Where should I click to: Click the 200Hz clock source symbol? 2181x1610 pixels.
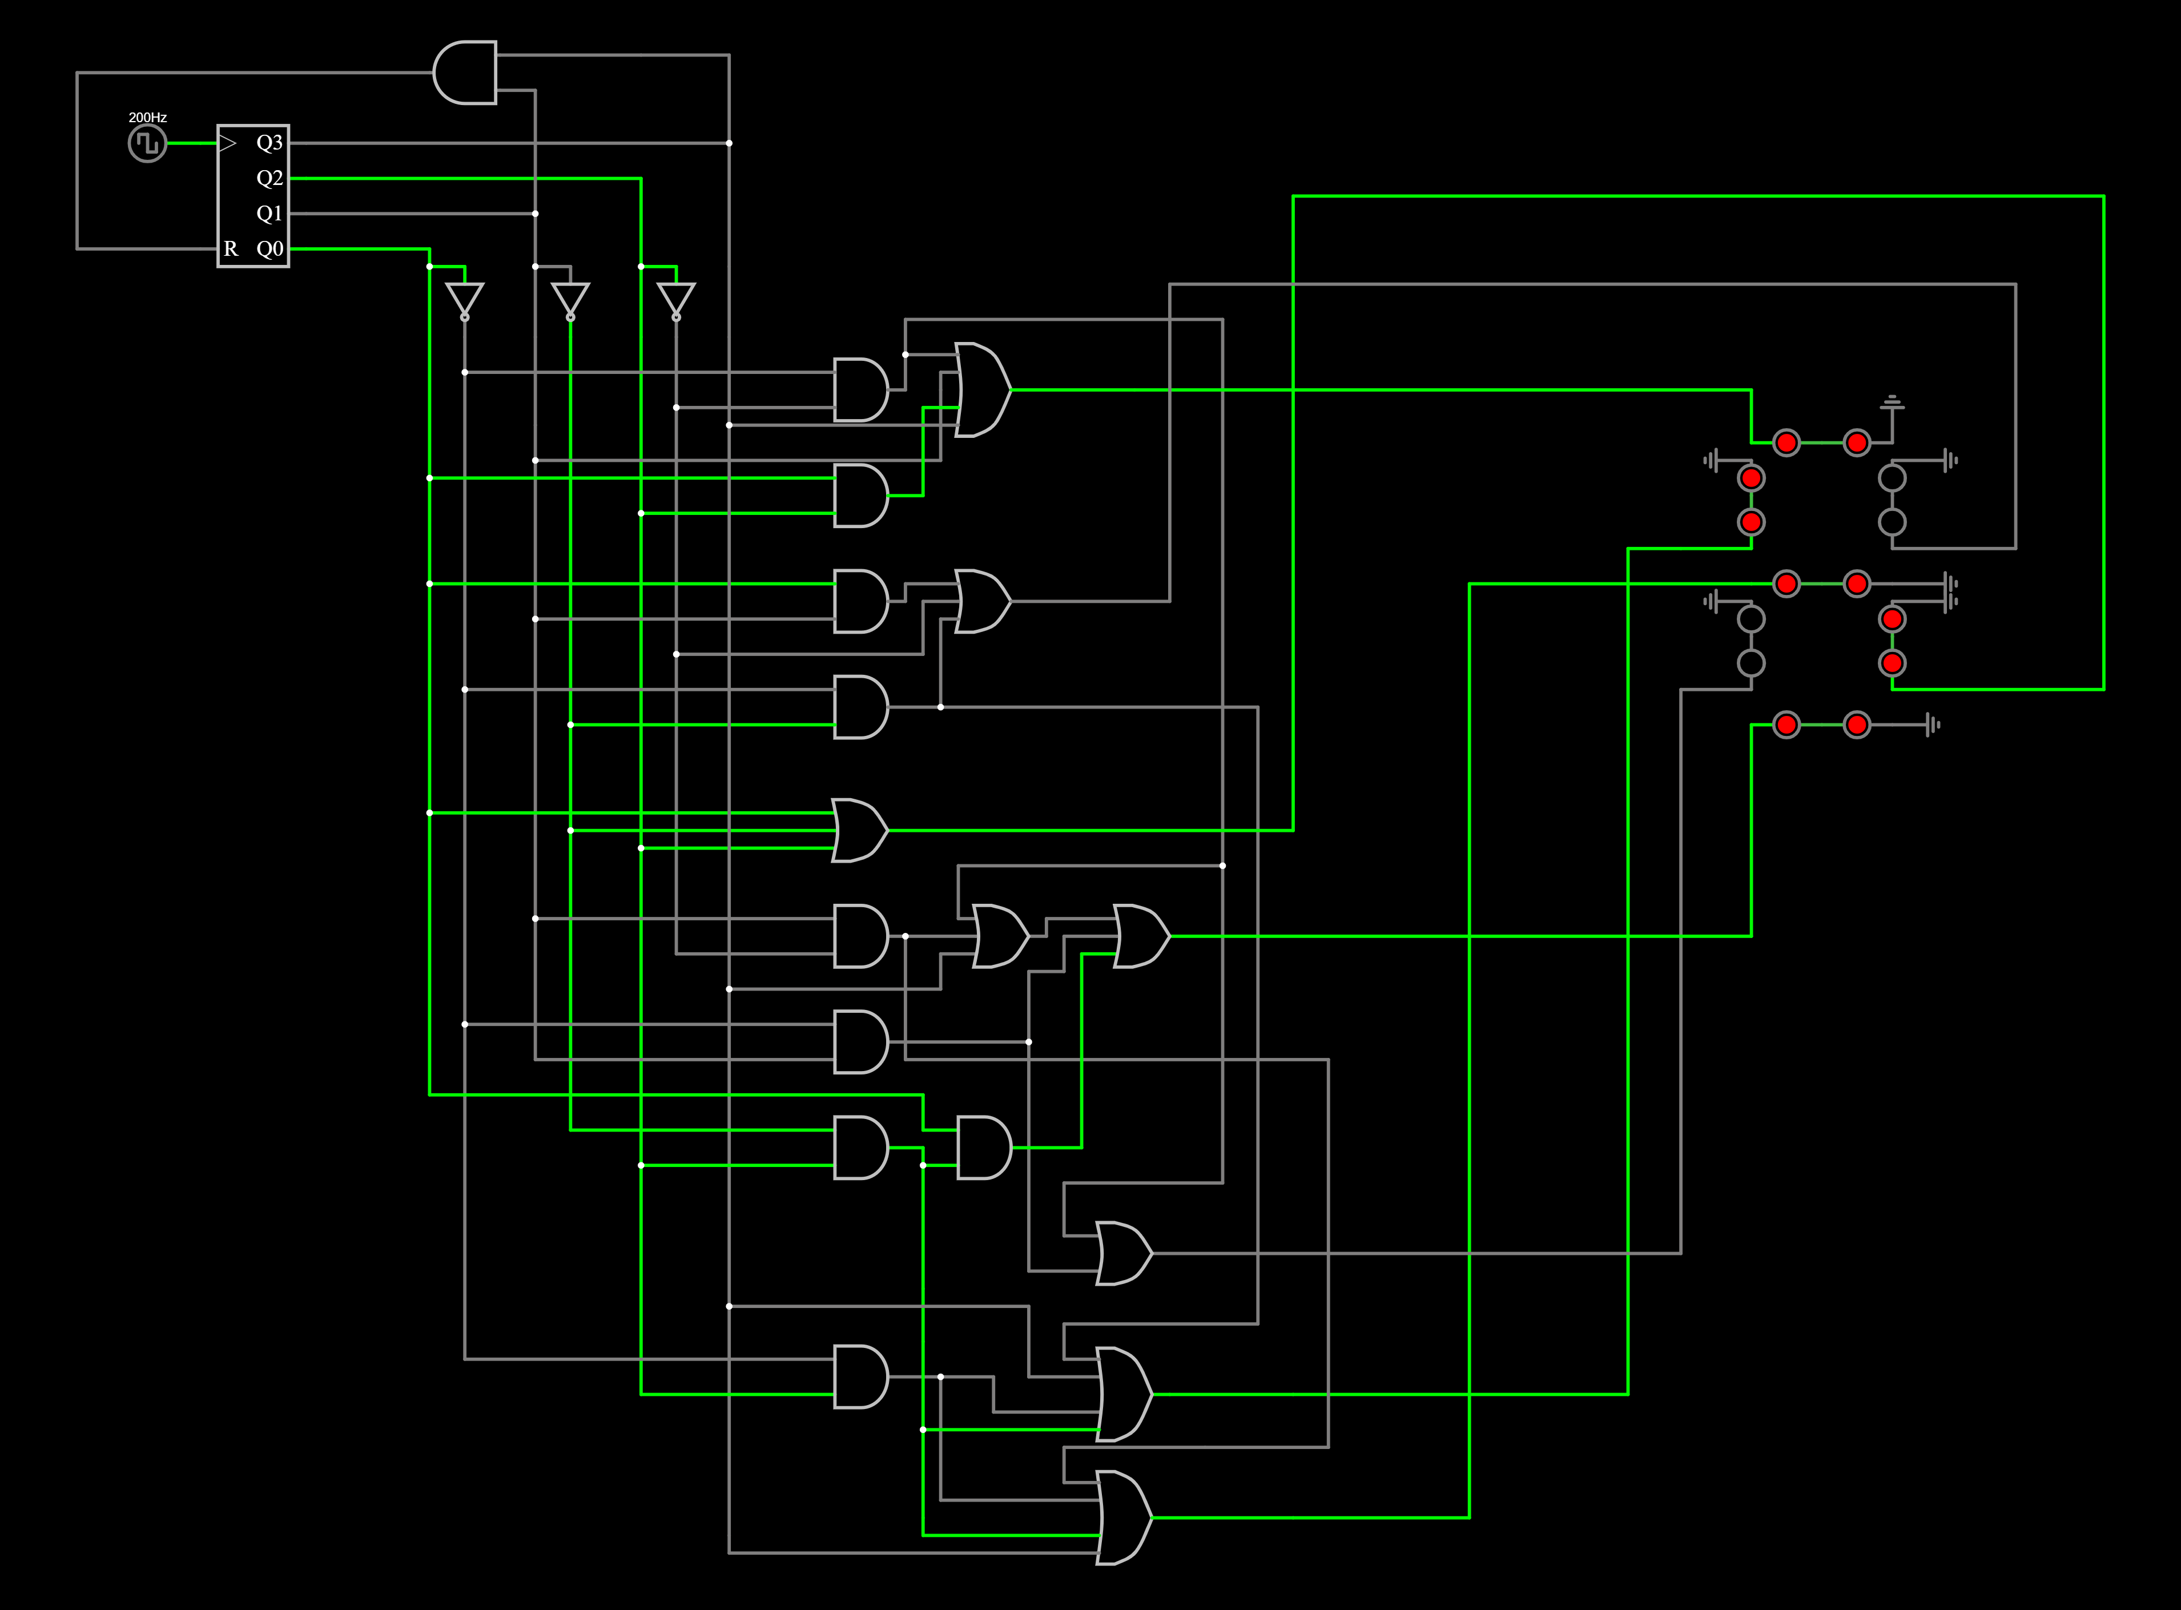pyautogui.click(x=147, y=143)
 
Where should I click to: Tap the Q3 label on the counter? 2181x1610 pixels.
pyautogui.click(x=269, y=143)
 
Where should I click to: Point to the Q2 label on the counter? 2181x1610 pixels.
pyautogui.click(x=269, y=178)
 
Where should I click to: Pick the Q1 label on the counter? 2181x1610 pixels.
pyautogui.click(x=269, y=214)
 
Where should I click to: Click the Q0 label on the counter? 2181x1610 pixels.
pyautogui.click(x=269, y=248)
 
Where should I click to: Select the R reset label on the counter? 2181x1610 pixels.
pyautogui.click(x=231, y=248)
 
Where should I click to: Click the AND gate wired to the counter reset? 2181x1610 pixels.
pyautogui.click(x=465, y=72)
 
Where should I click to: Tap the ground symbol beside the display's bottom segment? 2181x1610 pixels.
pyautogui.click(x=1933, y=724)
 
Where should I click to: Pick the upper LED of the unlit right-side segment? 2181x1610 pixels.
pyautogui.click(x=1892, y=477)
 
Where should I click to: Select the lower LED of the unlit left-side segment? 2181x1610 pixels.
pyautogui.click(x=1751, y=663)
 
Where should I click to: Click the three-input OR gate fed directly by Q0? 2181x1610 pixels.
pyautogui.click(x=859, y=830)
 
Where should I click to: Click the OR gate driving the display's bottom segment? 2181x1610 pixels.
pyautogui.click(x=1141, y=936)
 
